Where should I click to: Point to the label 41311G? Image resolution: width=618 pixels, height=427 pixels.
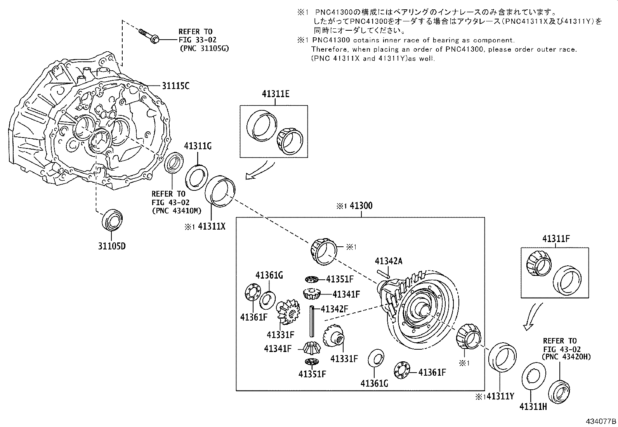pyautogui.click(x=198, y=146)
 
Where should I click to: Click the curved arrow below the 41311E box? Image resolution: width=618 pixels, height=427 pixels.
pyautogui.click(x=260, y=171)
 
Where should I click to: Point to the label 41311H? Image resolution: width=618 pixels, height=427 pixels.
pyautogui.click(x=533, y=406)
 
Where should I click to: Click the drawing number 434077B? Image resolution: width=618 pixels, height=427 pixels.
pyautogui.click(x=601, y=421)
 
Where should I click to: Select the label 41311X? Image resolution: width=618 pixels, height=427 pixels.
pyautogui.click(x=211, y=226)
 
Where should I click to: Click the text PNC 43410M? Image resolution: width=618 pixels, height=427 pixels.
pyautogui.click(x=177, y=211)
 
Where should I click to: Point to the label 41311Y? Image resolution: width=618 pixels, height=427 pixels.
pyautogui.click(x=500, y=396)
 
